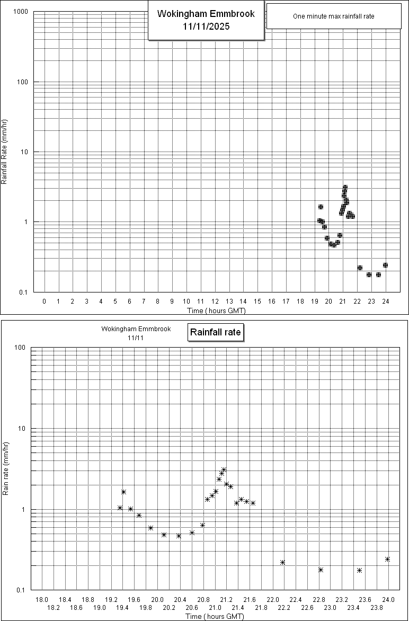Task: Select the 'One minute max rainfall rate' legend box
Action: [333, 16]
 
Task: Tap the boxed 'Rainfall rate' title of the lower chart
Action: [216, 333]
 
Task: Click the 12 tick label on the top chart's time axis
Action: [215, 301]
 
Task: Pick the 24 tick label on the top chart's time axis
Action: [385, 301]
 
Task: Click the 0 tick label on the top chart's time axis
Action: [45, 301]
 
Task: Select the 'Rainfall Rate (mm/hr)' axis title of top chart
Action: [4, 152]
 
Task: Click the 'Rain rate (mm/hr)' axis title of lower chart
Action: [6, 469]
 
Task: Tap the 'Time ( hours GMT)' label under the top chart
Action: [216, 310]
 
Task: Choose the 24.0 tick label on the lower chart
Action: [389, 599]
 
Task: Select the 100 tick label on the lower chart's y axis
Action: [21, 348]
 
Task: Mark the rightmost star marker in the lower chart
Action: [388, 559]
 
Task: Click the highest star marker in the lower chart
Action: [224, 470]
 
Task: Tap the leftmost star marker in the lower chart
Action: [120, 508]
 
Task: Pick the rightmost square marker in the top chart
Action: [385, 265]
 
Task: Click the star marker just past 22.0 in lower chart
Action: [282, 562]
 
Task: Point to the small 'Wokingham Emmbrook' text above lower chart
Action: [136, 329]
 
